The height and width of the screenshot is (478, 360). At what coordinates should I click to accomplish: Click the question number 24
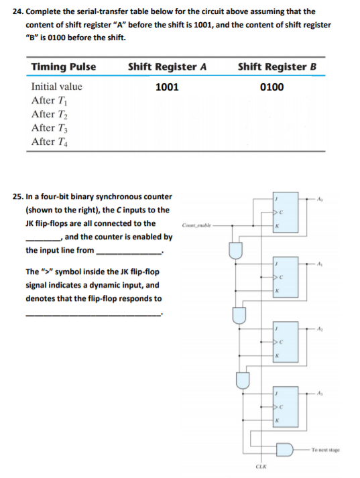[17, 11]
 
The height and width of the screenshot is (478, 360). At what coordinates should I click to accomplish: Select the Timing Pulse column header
[64, 66]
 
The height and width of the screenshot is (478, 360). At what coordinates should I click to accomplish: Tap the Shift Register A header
[167, 66]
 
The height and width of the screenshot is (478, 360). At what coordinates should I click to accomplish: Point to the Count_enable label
[195, 225]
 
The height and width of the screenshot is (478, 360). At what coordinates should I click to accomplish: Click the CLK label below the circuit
[261, 465]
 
